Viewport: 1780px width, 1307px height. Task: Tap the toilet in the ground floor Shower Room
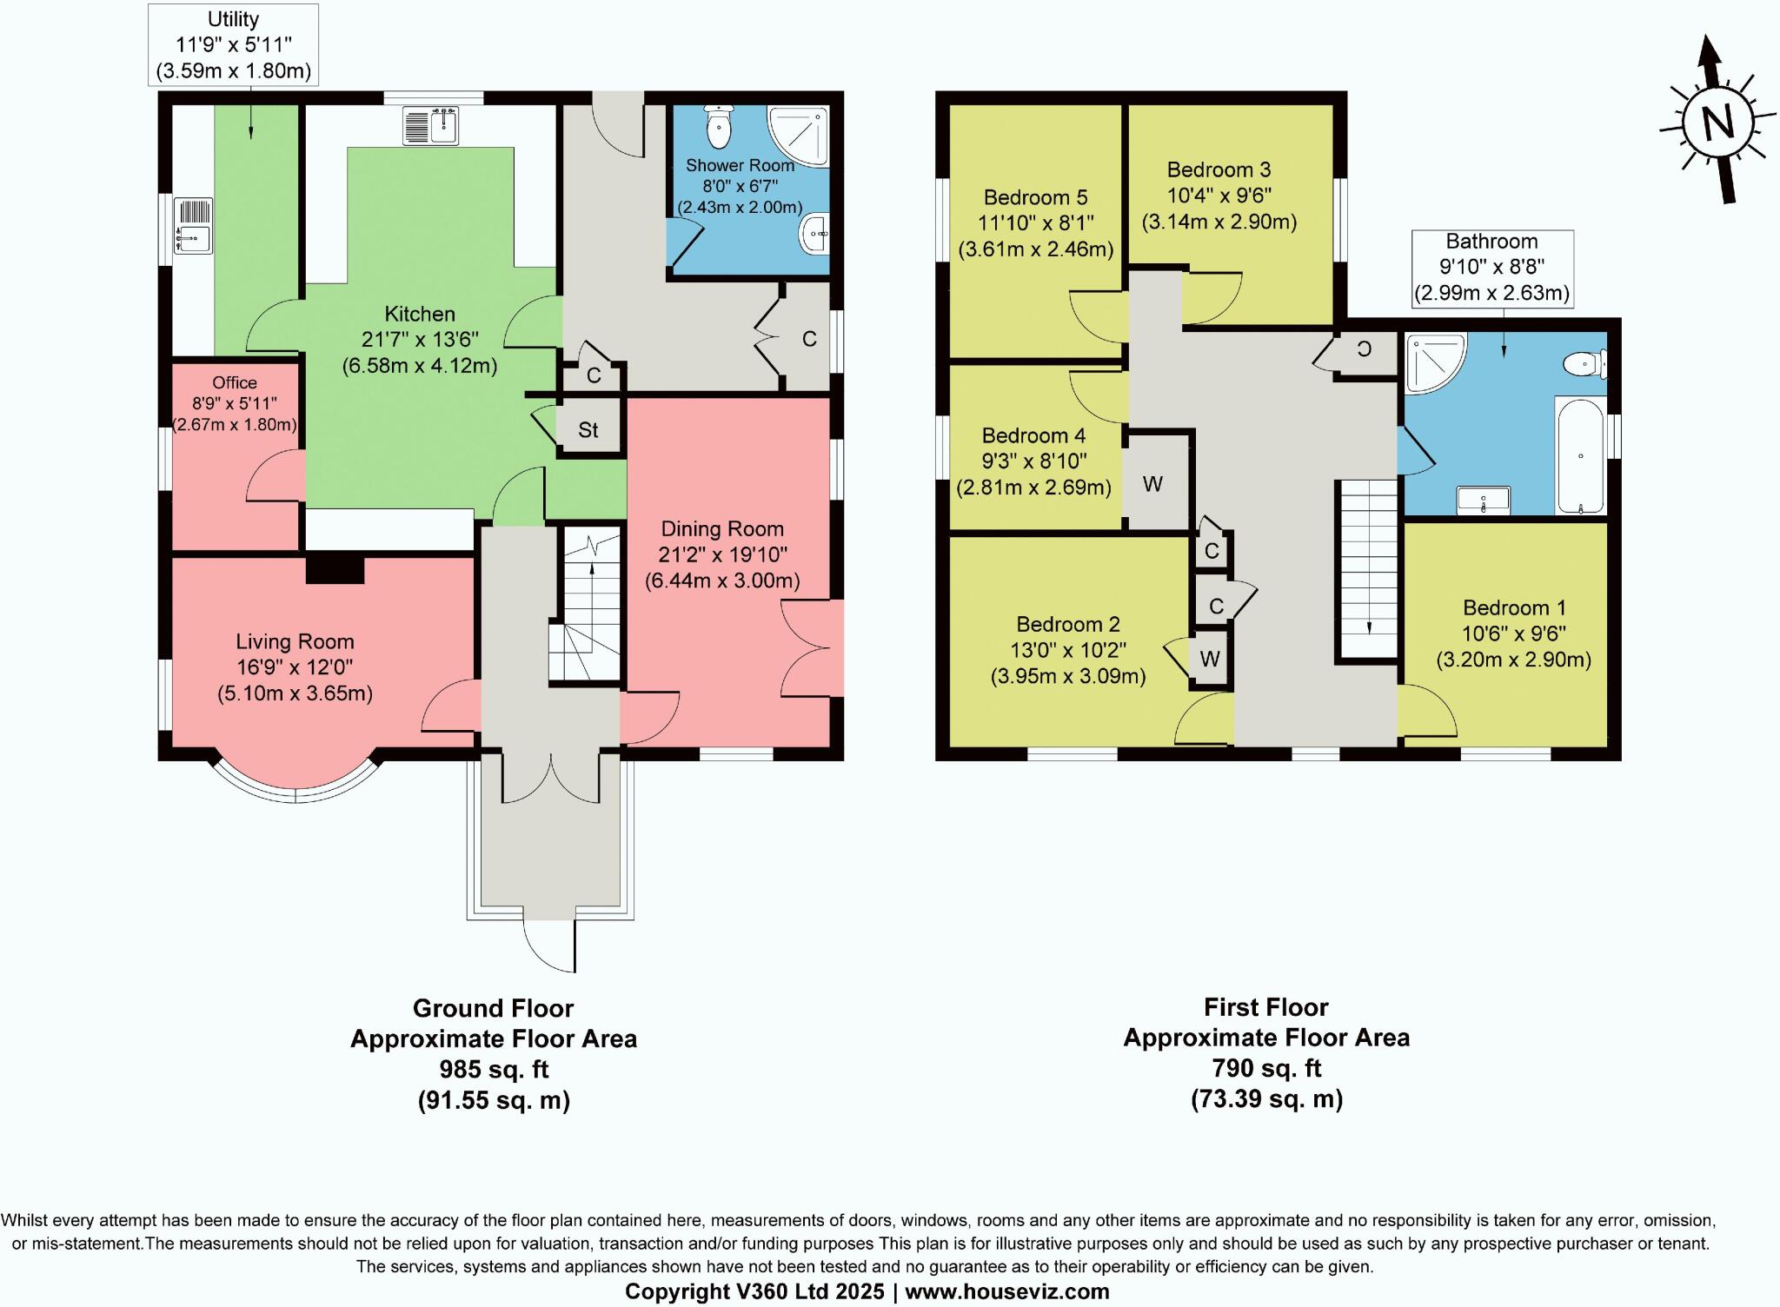(x=720, y=129)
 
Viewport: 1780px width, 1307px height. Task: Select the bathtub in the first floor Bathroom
(x=1580, y=455)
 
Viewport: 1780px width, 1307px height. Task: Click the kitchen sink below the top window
(x=431, y=125)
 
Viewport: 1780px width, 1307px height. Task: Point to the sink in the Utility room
(x=193, y=226)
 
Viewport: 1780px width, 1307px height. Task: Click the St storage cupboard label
(x=588, y=430)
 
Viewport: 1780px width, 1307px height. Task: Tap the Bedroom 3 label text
(x=1219, y=169)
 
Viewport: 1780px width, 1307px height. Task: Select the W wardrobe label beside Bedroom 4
(x=1152, y=484)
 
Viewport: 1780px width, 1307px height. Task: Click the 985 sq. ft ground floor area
(x=493, y=1069)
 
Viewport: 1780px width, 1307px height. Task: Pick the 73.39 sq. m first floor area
(x=1266, y=1099)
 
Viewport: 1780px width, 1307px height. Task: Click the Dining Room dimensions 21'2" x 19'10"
(x=722, y=554)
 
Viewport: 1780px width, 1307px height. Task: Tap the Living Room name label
(x=295, y=642)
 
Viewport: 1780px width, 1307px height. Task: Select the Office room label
(x=235, y=382)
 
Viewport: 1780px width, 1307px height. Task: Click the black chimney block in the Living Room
(x=335, y=570)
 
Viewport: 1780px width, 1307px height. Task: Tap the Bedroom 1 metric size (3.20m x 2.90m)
(x=1513, y=660)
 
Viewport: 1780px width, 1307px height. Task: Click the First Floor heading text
(x=1265, y=1007)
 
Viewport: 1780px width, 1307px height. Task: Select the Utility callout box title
(x=233, y=19)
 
